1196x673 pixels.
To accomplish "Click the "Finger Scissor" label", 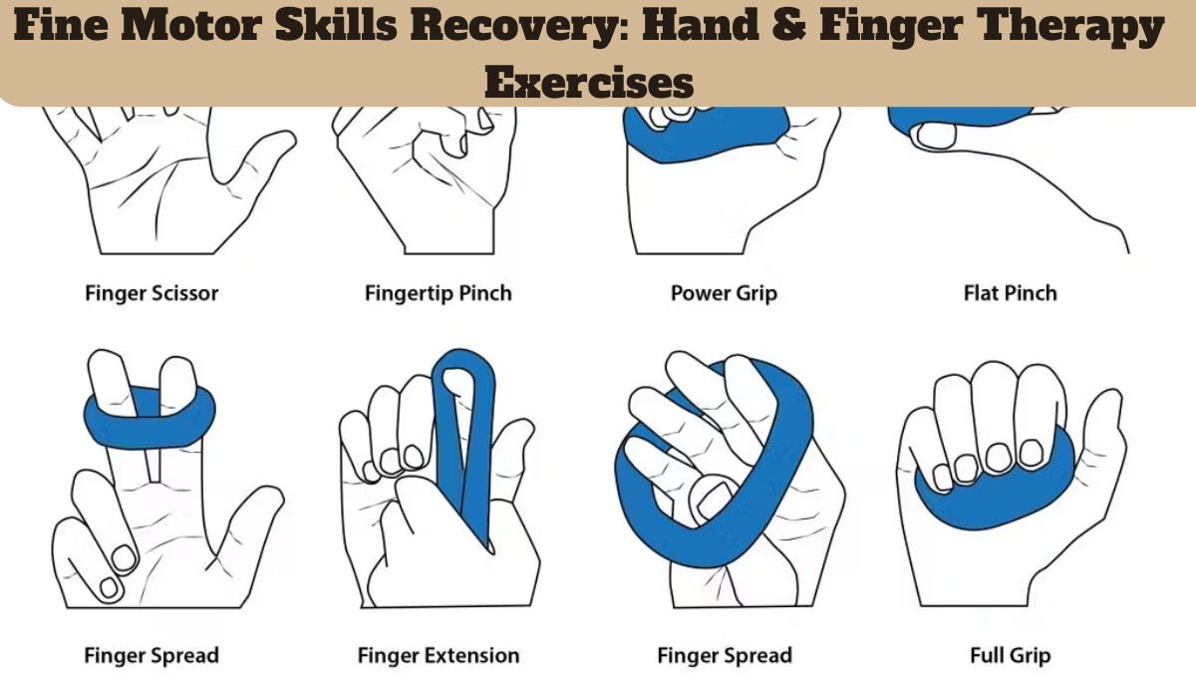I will coord(151,293).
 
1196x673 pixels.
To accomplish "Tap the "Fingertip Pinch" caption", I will coord(438,293).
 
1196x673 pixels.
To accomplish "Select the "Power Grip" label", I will coord(724,293).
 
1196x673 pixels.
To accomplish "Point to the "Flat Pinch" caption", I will coord(1010,293).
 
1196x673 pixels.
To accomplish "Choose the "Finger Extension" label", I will coord(438,655).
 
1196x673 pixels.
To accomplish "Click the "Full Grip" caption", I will coord(1010,655).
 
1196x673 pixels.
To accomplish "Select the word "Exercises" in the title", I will coord(589,83).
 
